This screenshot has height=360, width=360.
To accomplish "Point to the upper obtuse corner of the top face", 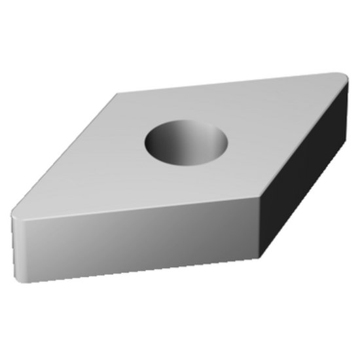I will point(118,96).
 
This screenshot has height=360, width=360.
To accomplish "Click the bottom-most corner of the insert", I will point(262,257).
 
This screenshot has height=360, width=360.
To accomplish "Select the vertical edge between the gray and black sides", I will point(262,226).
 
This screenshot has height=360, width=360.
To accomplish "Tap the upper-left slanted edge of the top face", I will point(65,154).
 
